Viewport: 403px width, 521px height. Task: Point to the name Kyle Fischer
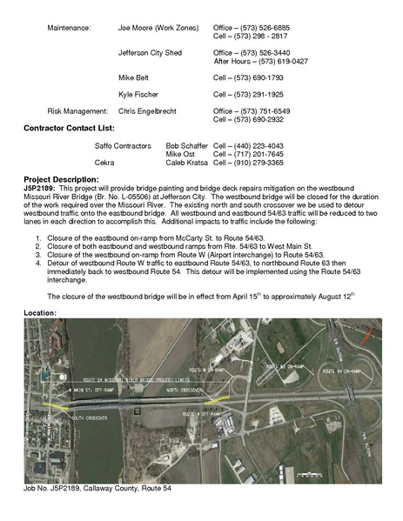click(138, 94)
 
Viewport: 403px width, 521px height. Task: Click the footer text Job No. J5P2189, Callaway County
click(97, 488)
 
